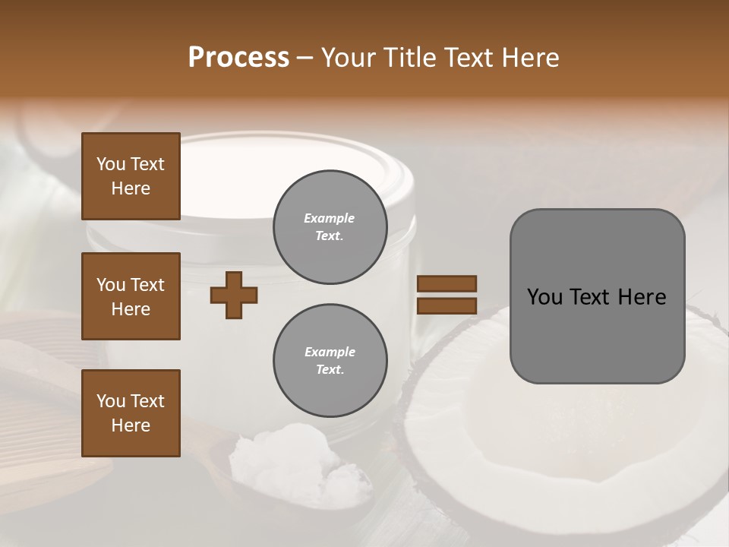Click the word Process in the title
[238, 57]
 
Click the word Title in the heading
[411, 57]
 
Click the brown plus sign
[234, 295]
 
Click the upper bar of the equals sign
[447, 283]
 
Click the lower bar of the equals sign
[447, 305]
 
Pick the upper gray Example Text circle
[330, 226]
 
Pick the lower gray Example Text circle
[330, 360]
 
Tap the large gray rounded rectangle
[597, 342]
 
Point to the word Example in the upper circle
[330, 218]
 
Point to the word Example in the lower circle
[330, 352]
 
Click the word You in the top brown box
[110, 164]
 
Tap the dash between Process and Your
[305, 58]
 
